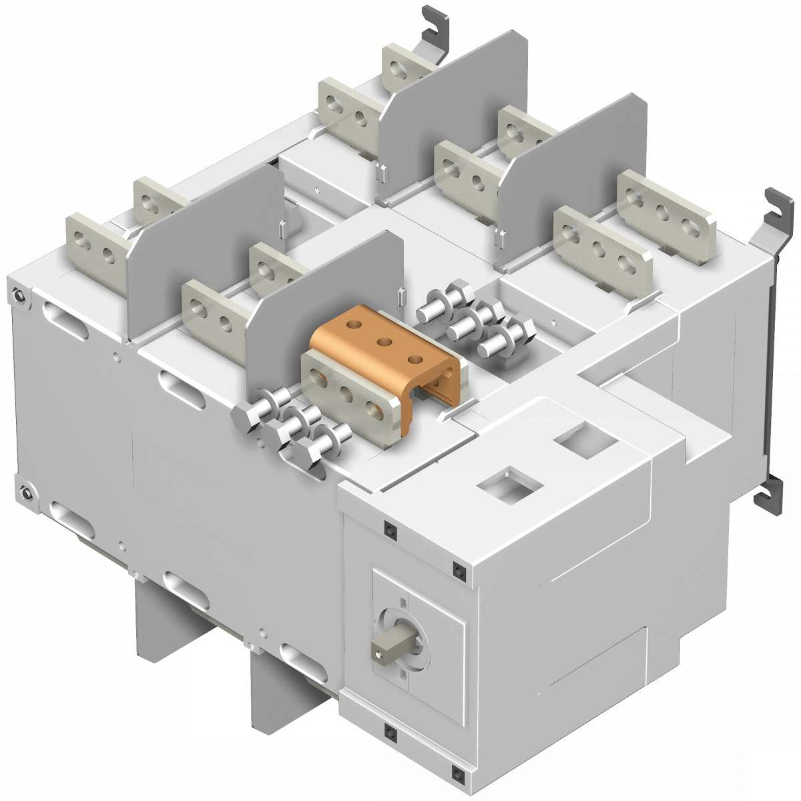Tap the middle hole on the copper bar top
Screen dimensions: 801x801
pos(384,342)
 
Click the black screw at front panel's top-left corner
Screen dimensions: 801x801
pos(388,529)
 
